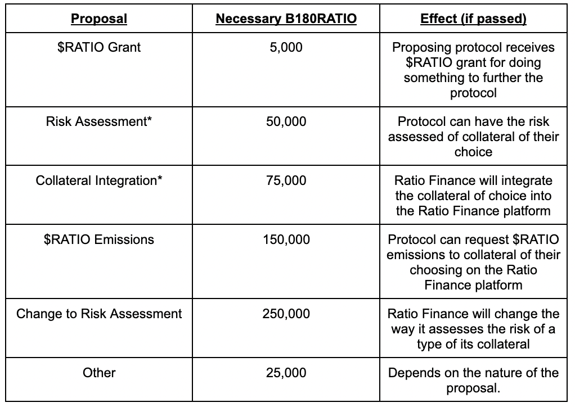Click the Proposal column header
pyautogui.click(x=99, y=19)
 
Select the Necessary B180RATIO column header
pyautogui.click(x=286, y=19)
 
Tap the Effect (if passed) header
pyautogui.click(x=473, y=19)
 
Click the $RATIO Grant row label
pyautogui.click(x=99, y=47)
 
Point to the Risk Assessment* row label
pyautogui.click(x=99, y=121)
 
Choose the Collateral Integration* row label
pyautogui.click(x=99, y=180)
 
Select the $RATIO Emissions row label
pyautogui.click(x=99, y=239)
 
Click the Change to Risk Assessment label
pyautogui.click(x=99, y=314)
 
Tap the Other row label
pyautogui.click(x=99, y=373)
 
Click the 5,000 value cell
pyautogui.click(x=286, y=47)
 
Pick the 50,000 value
pyautogui.click(x=286, y=121)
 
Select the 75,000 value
pyautogui.click(x=286, y=180)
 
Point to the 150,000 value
pyautogui.click(x=286, y=239)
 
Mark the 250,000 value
pyautogui.click(x=286, y=314)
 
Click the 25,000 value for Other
pyautogui.click(x=286, y=373)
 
